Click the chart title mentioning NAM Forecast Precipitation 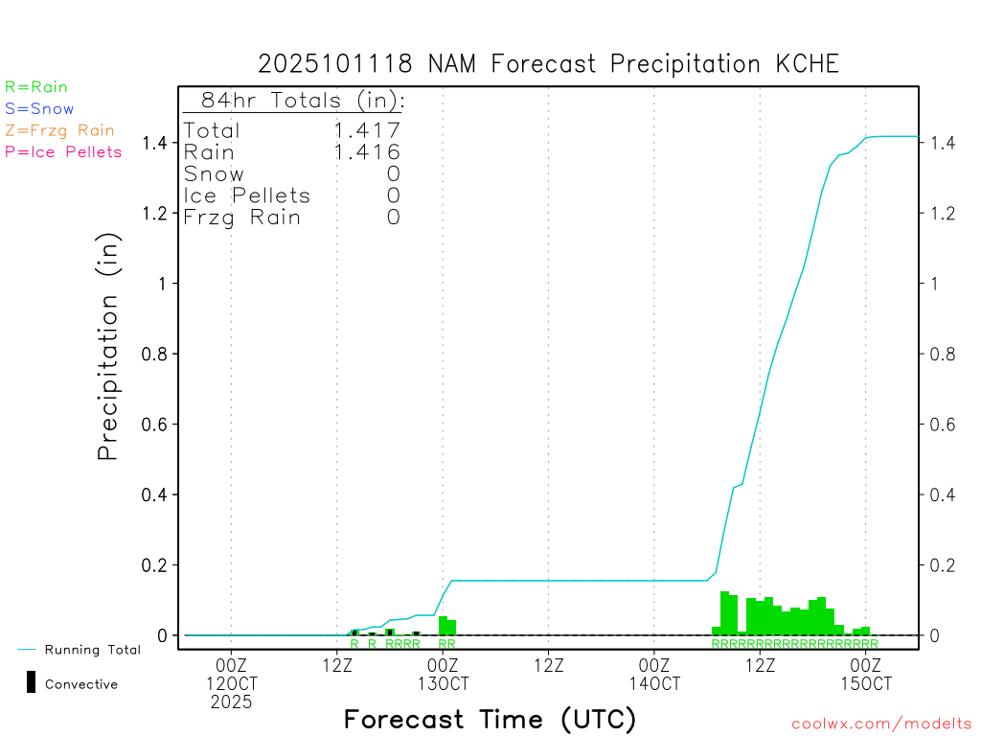(x=548, y=64)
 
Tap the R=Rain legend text (x=36, y=87)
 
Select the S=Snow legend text (x=39, y=109)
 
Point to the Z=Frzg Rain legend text (x=59, y=130)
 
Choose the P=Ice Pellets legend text (x=63, y=151)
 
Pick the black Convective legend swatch (x=31, y=682)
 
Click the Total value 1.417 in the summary (x=366, y=130)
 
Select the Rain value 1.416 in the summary (x=366, y=151)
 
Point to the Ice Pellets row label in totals (x=247, y=195)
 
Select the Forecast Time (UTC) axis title (x=490, y=719)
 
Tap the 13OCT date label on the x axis (x=443, y=683)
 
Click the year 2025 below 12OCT (x=232, y=702)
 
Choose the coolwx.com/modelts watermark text (x=881, y=724)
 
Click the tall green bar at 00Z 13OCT (x=443, y=625)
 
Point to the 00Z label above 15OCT (x=865, y=665)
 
